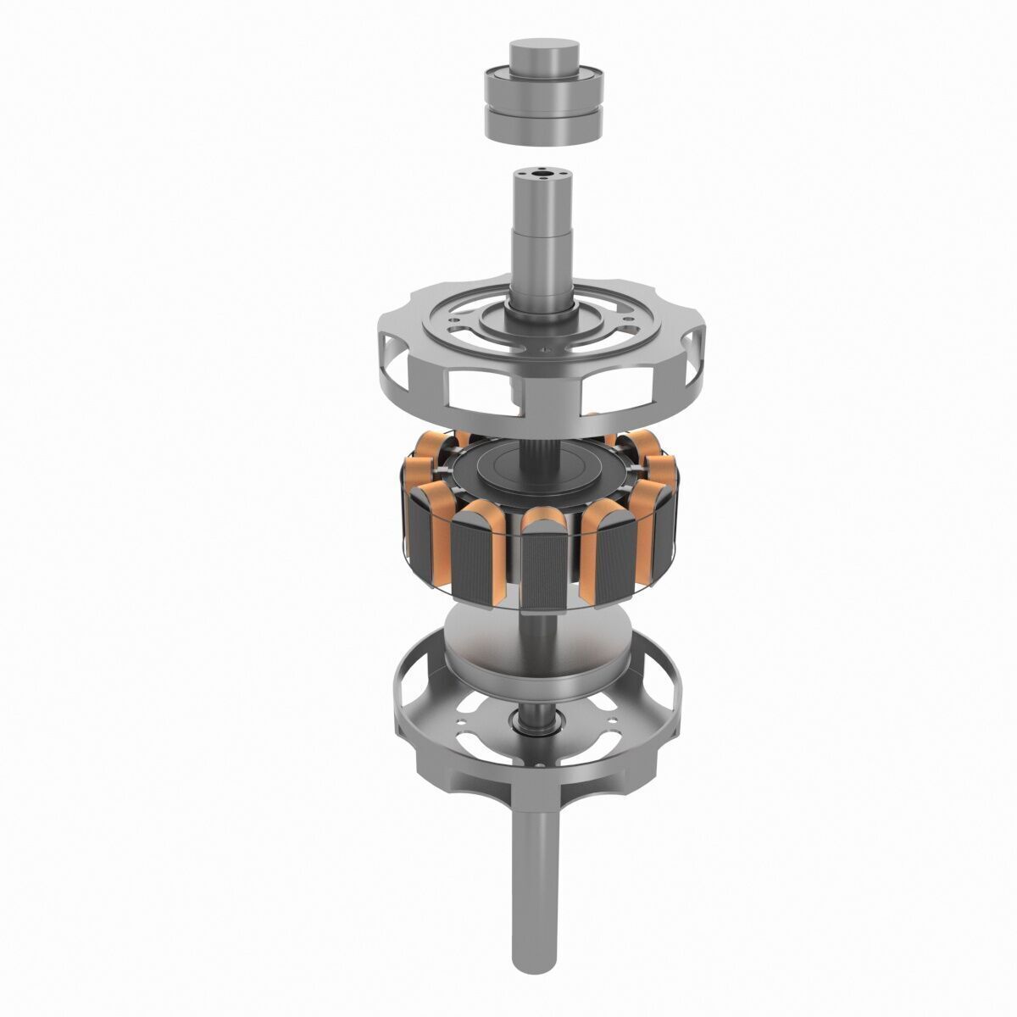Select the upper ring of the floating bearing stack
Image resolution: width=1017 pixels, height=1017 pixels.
coord(542,89)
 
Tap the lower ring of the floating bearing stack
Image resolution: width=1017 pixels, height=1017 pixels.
coord(542,123)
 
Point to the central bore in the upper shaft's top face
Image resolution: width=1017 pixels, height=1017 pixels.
coord(542,176)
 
